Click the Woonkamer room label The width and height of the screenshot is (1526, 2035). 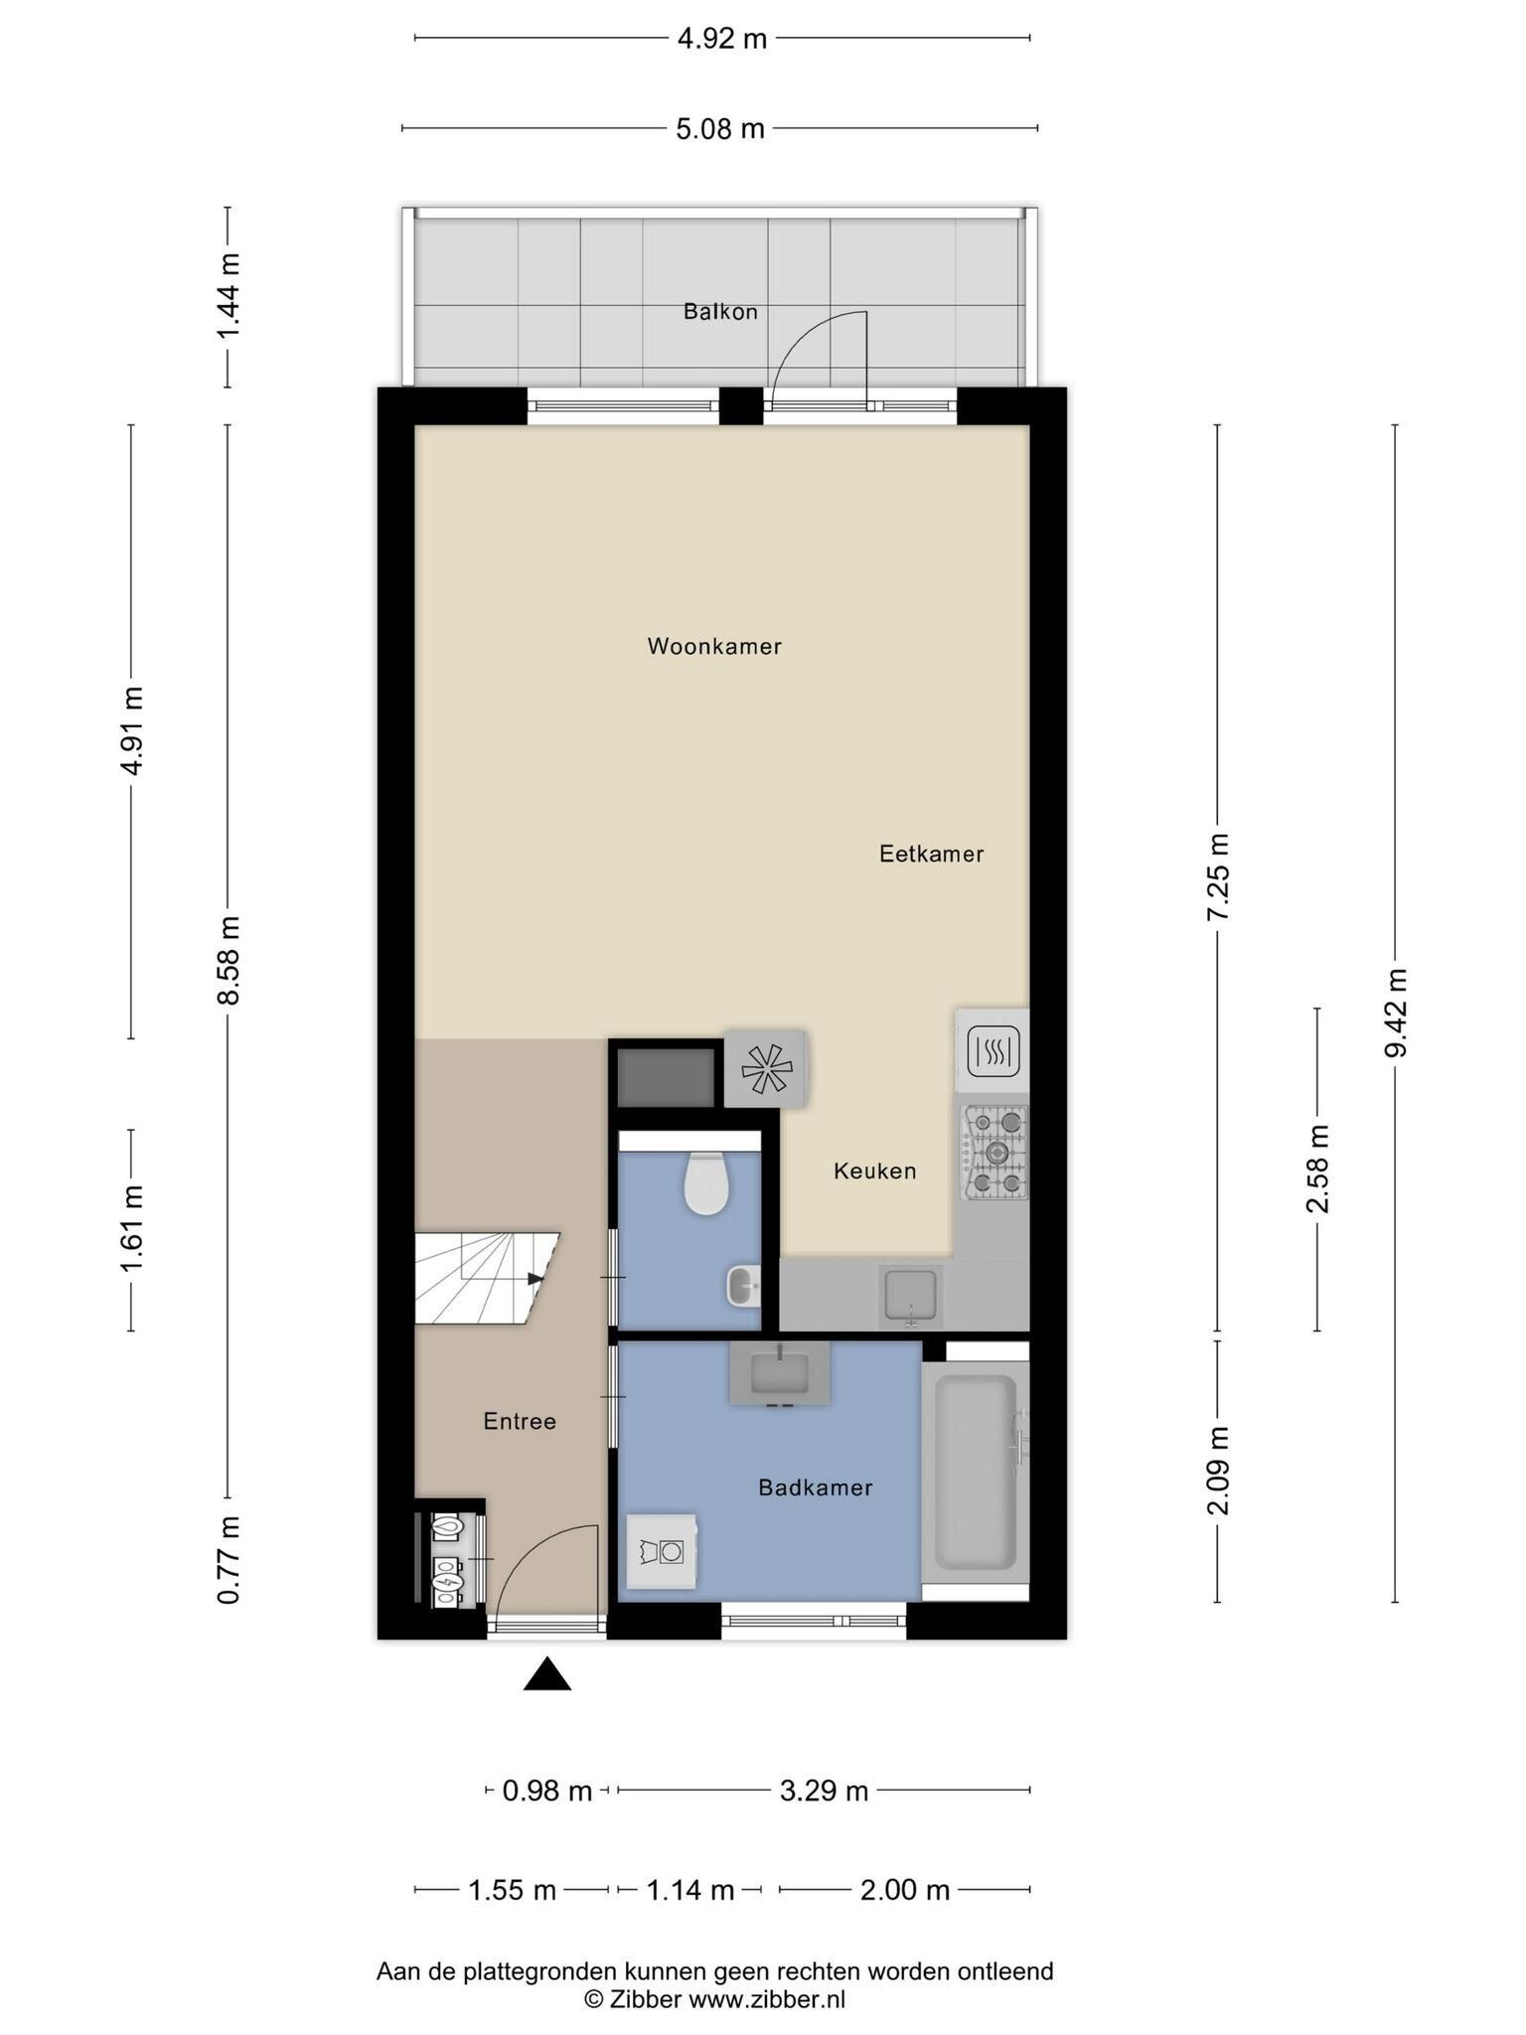pos(714,647)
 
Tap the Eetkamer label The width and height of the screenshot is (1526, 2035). pos(931,854)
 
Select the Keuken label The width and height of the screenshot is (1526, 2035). pos(874,1172)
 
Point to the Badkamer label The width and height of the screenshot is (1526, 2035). pos(815,1487)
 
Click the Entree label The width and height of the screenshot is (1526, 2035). pos(520,1422)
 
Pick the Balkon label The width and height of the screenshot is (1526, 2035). pos(720,312)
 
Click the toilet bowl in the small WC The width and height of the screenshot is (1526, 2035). pos(706,1184)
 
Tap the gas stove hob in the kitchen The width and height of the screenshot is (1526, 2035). pos(993,1153)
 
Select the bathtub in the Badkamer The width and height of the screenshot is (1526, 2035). pos(976,1471)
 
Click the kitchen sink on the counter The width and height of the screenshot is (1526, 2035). pos(911,1297)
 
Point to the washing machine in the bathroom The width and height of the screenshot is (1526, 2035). pos(661,1551)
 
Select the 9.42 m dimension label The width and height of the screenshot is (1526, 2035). pos(1396,1013)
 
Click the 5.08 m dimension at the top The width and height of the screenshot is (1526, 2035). pos(720,129)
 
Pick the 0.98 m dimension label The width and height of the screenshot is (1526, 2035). pos(547,1792)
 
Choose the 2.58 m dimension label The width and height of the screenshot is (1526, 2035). pos(1317,1170)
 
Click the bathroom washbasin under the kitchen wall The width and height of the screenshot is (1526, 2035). pos(780,1373)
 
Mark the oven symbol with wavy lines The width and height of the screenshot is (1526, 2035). pos(992,1050)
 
